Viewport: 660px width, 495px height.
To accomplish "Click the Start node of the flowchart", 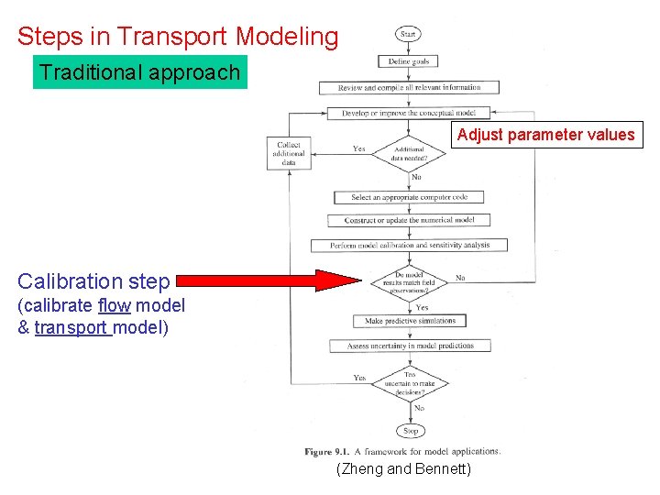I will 409,34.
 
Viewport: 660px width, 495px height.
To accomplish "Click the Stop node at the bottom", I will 411,430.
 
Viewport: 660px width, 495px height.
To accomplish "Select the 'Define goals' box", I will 409,61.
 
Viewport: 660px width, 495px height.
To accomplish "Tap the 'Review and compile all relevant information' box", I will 410,87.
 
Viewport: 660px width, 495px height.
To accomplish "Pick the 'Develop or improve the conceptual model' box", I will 409,114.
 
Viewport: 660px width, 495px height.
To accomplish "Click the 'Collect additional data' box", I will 289,153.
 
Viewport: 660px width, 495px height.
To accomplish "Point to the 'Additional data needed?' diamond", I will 409,153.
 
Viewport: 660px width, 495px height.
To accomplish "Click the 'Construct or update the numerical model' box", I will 410,221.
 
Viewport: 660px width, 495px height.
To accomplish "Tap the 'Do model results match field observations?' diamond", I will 409,280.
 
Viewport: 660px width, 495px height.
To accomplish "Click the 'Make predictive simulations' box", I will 410,321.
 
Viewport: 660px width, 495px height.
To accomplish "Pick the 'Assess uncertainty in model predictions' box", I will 410,346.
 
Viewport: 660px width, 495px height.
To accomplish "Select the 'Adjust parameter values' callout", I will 545,135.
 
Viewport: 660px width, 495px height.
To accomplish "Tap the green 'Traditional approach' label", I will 140,72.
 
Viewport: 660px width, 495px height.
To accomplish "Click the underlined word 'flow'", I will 115,305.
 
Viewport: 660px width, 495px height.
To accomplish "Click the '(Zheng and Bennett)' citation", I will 404,469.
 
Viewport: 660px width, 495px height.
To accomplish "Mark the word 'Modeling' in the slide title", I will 286,37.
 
